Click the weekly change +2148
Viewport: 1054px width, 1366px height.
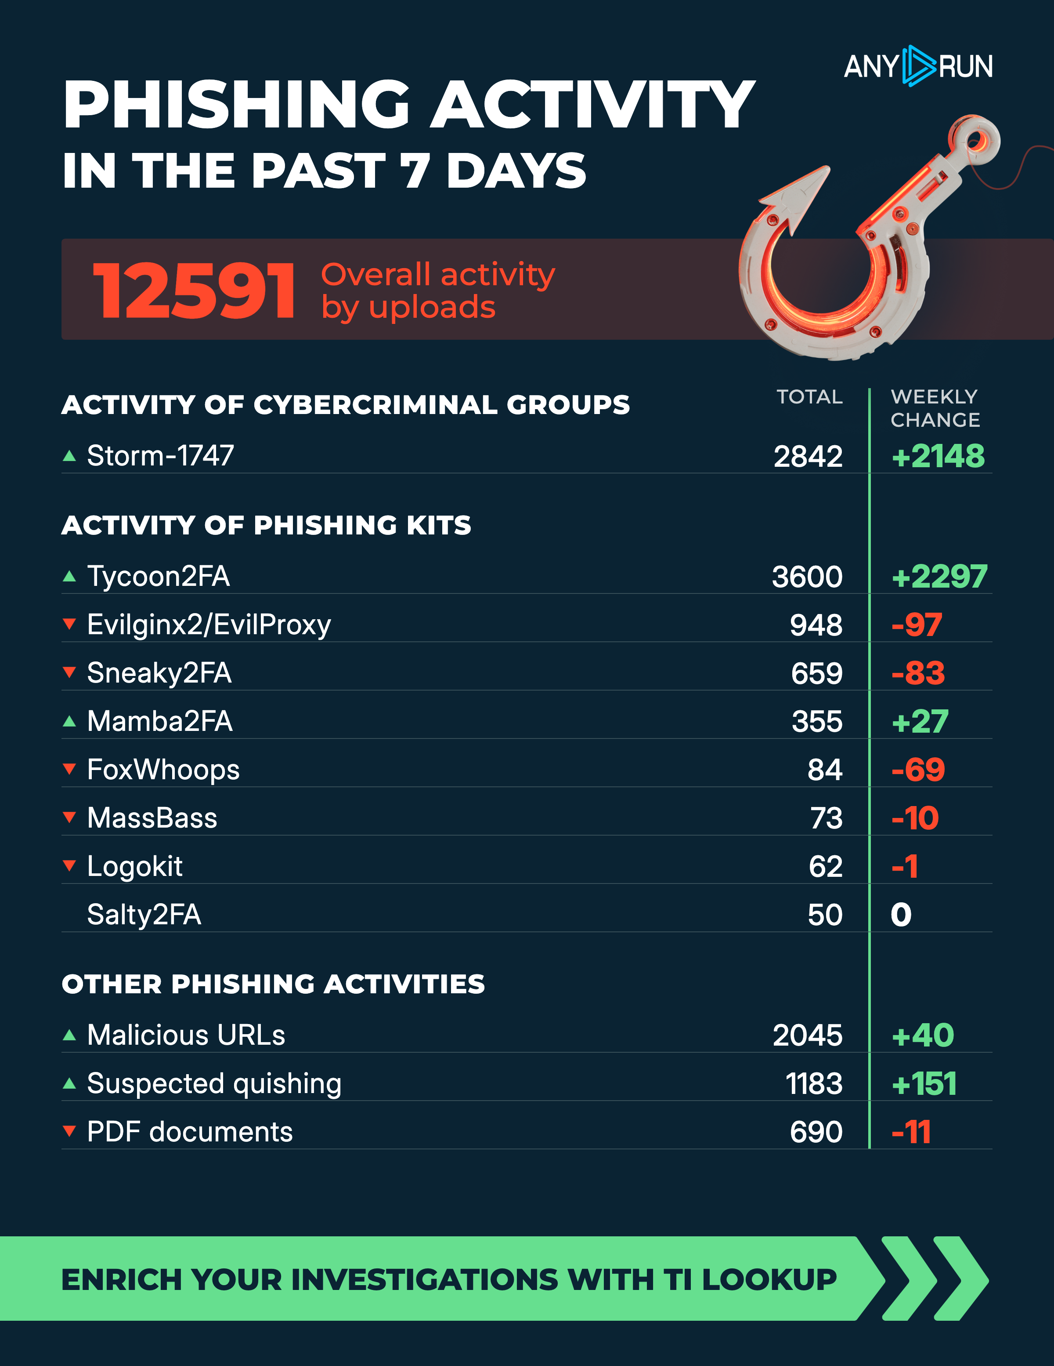937,456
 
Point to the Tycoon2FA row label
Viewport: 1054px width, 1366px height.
158,576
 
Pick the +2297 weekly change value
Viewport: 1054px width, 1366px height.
939,576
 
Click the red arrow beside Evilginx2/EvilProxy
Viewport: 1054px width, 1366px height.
69,624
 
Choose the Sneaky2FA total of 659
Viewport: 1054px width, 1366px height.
816,673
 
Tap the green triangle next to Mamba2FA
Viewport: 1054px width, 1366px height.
69,721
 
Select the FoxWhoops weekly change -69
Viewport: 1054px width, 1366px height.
918,769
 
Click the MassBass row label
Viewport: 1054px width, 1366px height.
152,818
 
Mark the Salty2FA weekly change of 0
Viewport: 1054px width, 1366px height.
901,915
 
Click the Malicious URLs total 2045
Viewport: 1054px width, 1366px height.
807,1035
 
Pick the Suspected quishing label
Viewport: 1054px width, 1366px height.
214,1083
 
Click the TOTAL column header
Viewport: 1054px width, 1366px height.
809,396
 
